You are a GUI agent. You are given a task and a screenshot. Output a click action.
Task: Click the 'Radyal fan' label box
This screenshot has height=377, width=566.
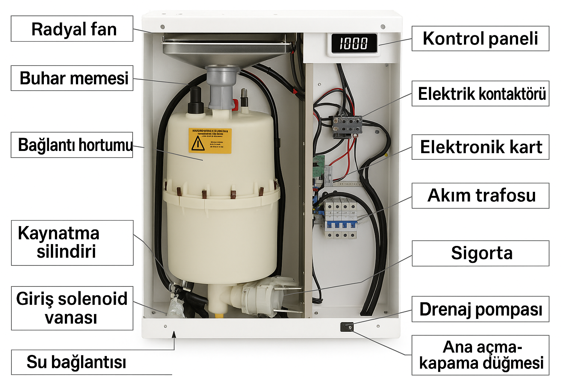(x=72, y=29)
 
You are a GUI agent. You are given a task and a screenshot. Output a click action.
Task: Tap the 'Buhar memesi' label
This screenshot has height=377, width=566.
(x=72, y=78)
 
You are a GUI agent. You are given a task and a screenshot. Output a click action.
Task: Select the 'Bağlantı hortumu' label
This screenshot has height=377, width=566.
(x=72, y=145)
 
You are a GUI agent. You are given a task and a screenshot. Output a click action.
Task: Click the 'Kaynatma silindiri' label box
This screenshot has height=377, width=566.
(x=72, y=243)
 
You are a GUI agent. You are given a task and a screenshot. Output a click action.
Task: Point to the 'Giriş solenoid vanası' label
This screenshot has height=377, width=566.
(x=72, y=308)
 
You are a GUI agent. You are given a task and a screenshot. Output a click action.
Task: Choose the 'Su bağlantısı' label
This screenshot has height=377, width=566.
(x=76, y=362)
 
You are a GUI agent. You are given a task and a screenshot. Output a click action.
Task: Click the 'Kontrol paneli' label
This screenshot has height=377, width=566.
(x=480, y=38)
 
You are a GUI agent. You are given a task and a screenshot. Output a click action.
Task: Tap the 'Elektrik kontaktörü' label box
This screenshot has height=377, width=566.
(x=480, y=94)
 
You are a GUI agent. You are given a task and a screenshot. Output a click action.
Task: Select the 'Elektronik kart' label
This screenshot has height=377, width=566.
(x=480, y=147)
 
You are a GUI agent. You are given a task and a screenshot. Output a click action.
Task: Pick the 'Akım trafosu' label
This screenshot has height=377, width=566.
(x=480, y=195)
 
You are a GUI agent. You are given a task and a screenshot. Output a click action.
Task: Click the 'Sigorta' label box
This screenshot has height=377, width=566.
(x=480, y=253)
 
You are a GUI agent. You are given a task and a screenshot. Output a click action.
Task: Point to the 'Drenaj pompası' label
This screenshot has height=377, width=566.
(x=480, y=309)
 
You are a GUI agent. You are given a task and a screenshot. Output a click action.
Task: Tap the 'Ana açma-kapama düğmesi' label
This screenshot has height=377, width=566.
(x=480, y=355)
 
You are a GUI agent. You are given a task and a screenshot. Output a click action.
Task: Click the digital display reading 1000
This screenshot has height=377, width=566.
(x=354, y=43)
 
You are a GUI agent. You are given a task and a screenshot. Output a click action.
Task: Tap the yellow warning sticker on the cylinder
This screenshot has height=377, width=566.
(x=210, y=141)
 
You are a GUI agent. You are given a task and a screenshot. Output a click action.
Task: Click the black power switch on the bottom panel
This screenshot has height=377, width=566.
(x=347, y=327)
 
